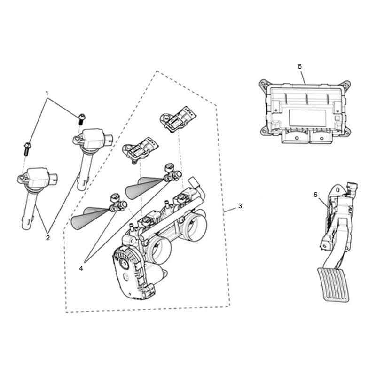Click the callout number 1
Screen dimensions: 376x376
click(x=47, y=93)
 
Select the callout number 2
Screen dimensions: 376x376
click(x=48, y=238)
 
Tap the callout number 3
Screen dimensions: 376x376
click(x=240, y=206)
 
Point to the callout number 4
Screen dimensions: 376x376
click(x=81, y=268)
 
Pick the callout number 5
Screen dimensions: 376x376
click(x=300, y=66)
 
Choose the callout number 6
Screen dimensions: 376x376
click(x=315, y=195)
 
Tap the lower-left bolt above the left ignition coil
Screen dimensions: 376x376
click(x=27, y=149)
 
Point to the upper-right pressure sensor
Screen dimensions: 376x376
click(x=178, y=119)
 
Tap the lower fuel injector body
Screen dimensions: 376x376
click(x=118, y=203)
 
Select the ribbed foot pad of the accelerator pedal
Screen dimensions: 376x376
click(x=333, y=285)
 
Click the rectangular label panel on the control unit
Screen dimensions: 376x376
click(x=307, y=118)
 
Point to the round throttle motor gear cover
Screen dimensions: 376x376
click(x=125, y=263)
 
